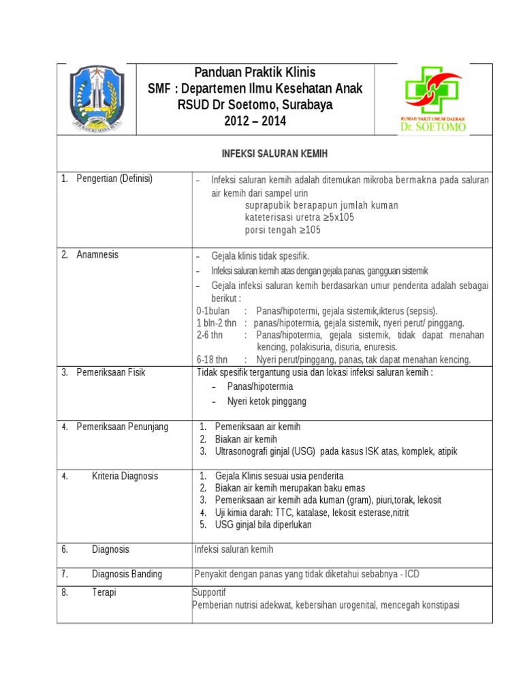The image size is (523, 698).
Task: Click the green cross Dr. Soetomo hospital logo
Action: (x=434, y=99)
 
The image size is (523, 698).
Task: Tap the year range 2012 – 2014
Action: (x=255, y=121)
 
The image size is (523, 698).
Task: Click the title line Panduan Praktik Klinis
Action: (x=255, y=72)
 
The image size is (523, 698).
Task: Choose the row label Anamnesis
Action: (x=97, y=255)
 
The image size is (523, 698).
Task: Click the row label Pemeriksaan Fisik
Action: (x=110, y=373)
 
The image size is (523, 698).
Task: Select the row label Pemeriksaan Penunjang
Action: (x=122, y=427)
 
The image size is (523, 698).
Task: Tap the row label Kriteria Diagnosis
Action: (x=125, y=476)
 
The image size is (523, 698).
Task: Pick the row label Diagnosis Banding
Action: (x=127, y=574)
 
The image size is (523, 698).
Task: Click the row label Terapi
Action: (x=104, y=593)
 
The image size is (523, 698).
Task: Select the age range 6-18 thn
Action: (x=212, y=359)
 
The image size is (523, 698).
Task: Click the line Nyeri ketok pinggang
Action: (x=266, y=401)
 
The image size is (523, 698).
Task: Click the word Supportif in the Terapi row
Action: (x=209, y=592)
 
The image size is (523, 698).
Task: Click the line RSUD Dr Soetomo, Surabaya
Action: (x=255, y=105)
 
